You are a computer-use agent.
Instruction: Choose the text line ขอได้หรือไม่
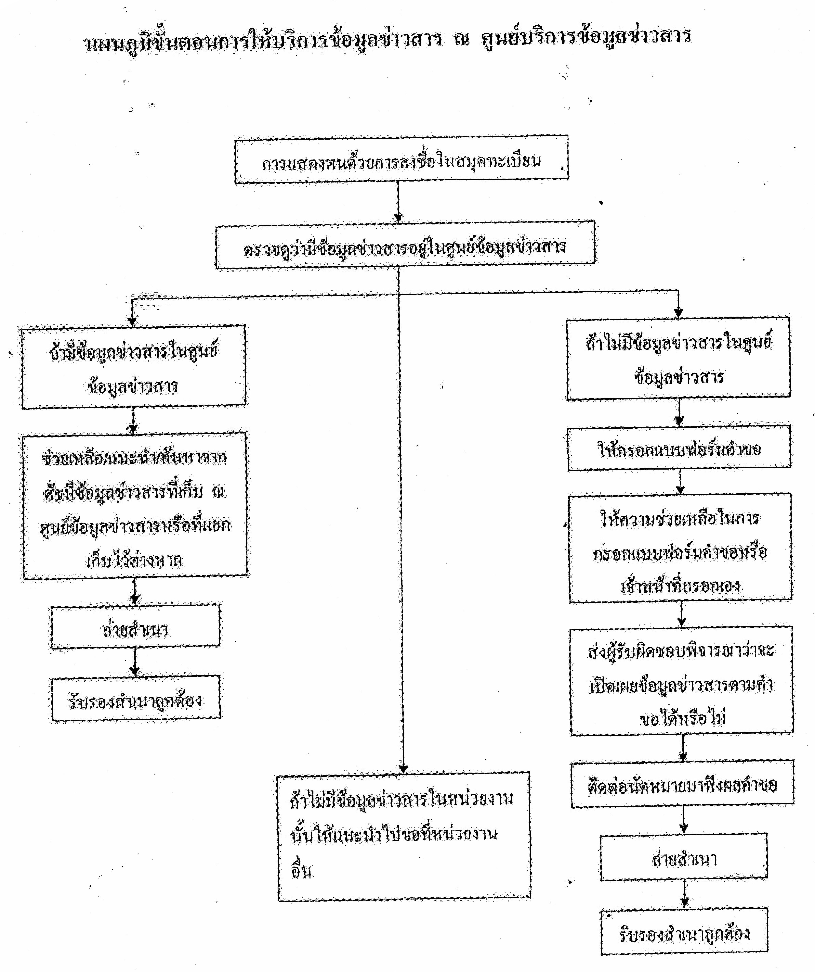(x=683, y=718)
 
